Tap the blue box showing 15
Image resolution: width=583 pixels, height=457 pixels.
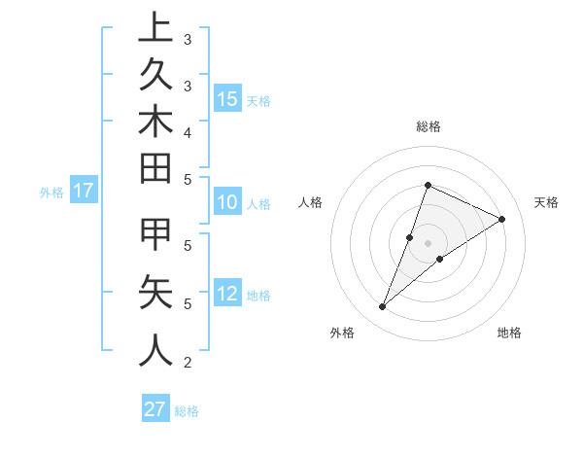(227, 98)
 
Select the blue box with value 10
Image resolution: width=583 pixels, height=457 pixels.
(227, 202)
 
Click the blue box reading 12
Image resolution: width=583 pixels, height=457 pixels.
(227, 294)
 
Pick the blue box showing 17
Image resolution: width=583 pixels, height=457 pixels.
(84, 191)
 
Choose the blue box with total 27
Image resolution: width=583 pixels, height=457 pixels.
(155, 409)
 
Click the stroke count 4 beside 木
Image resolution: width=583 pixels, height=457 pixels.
(187, 131)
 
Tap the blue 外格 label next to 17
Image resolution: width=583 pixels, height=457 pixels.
(51, 192)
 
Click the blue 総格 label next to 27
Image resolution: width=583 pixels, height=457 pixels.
(187, 410)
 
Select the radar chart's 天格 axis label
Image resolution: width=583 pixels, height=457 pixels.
(547, 202)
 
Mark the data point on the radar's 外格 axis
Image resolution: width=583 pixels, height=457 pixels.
(383, 307)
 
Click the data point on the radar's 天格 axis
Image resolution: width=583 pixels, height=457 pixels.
(502, 219)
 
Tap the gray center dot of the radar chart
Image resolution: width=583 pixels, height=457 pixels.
(428, 243)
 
